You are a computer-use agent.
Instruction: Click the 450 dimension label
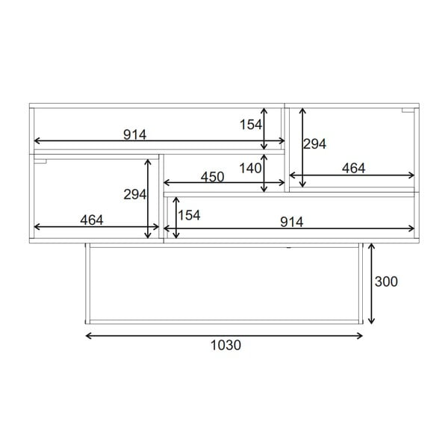(212, 176)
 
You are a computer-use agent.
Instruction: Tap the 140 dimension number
(250, 168)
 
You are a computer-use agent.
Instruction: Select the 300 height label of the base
(386, 281)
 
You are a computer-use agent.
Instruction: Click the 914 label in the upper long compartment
(135, 134)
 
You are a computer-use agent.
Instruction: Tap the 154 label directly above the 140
(250, 124)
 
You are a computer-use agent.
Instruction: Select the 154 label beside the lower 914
(190, 215)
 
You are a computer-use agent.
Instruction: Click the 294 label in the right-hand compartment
(315, 144)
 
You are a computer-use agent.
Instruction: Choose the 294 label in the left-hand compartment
(134, 194)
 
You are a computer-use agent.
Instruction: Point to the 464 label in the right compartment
(353, 169)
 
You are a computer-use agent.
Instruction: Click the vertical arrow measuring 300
(371, 283)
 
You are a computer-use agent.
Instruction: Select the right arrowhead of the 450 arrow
(281, 182)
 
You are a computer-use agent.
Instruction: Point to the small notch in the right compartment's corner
(406, 111)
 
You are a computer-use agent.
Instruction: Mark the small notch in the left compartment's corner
(40, 160)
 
